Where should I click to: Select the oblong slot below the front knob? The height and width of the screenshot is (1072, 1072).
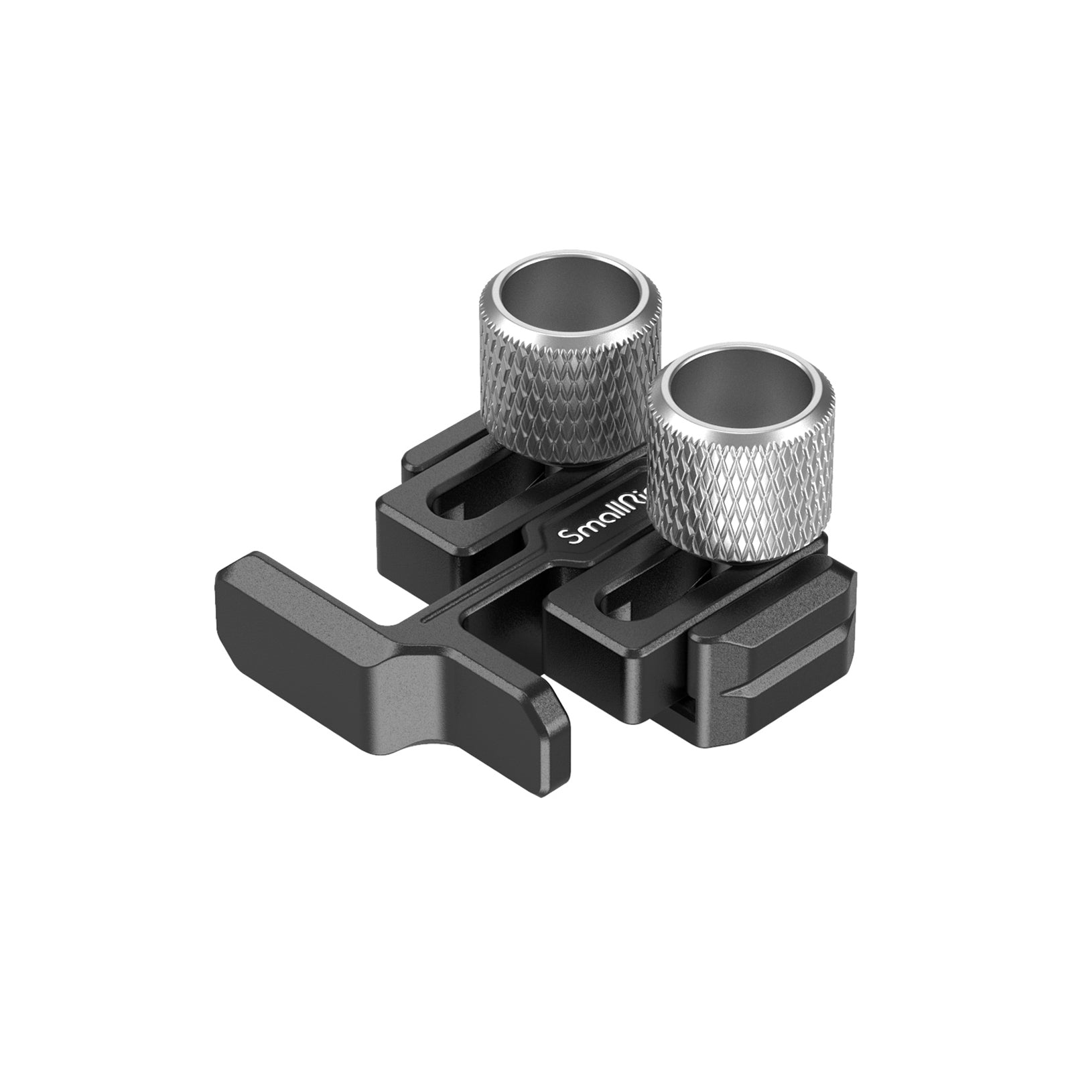[x=643, y=603]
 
